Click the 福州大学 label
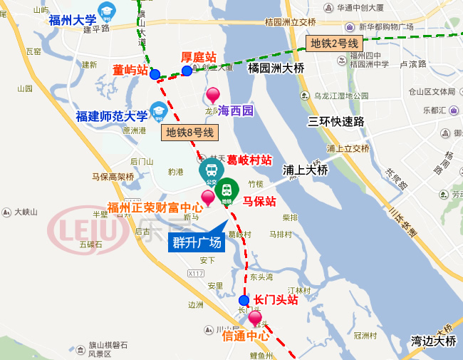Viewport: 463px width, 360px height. [x=73, y=19]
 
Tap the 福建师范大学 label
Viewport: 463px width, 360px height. [x=112, y=116]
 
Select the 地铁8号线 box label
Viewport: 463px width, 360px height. [x=189, y=132]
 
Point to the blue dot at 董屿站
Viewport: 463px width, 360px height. [x=155, y=74]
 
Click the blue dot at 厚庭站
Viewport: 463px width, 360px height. [x=187, y=70]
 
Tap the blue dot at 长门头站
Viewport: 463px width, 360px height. [x=244, y=300]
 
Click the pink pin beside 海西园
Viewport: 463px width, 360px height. [x=212, y=95]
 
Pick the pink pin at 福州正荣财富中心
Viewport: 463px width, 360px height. [x=208, y=197]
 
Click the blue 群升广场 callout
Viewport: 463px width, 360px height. [x=197, y=242]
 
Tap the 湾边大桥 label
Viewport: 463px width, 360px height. [x=433, y=341]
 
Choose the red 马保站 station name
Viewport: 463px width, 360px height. [x=259, y=202]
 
